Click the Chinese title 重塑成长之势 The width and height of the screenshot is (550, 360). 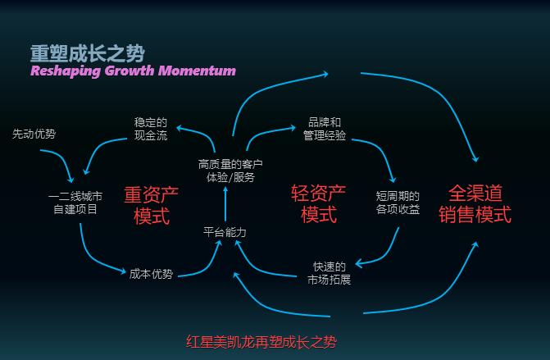point(88,53)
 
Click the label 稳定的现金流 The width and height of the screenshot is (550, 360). point(151,129)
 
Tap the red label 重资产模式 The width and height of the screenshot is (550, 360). point(151,205)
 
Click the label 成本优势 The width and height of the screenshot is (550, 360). point(151,274)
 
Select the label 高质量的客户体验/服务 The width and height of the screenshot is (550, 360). point(225,170)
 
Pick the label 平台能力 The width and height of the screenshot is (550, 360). point(225,232)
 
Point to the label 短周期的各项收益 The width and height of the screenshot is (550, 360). point(398,203)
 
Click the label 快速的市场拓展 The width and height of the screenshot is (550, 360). point(329,273)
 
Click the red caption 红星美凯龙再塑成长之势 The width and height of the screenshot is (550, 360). point(261,341)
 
